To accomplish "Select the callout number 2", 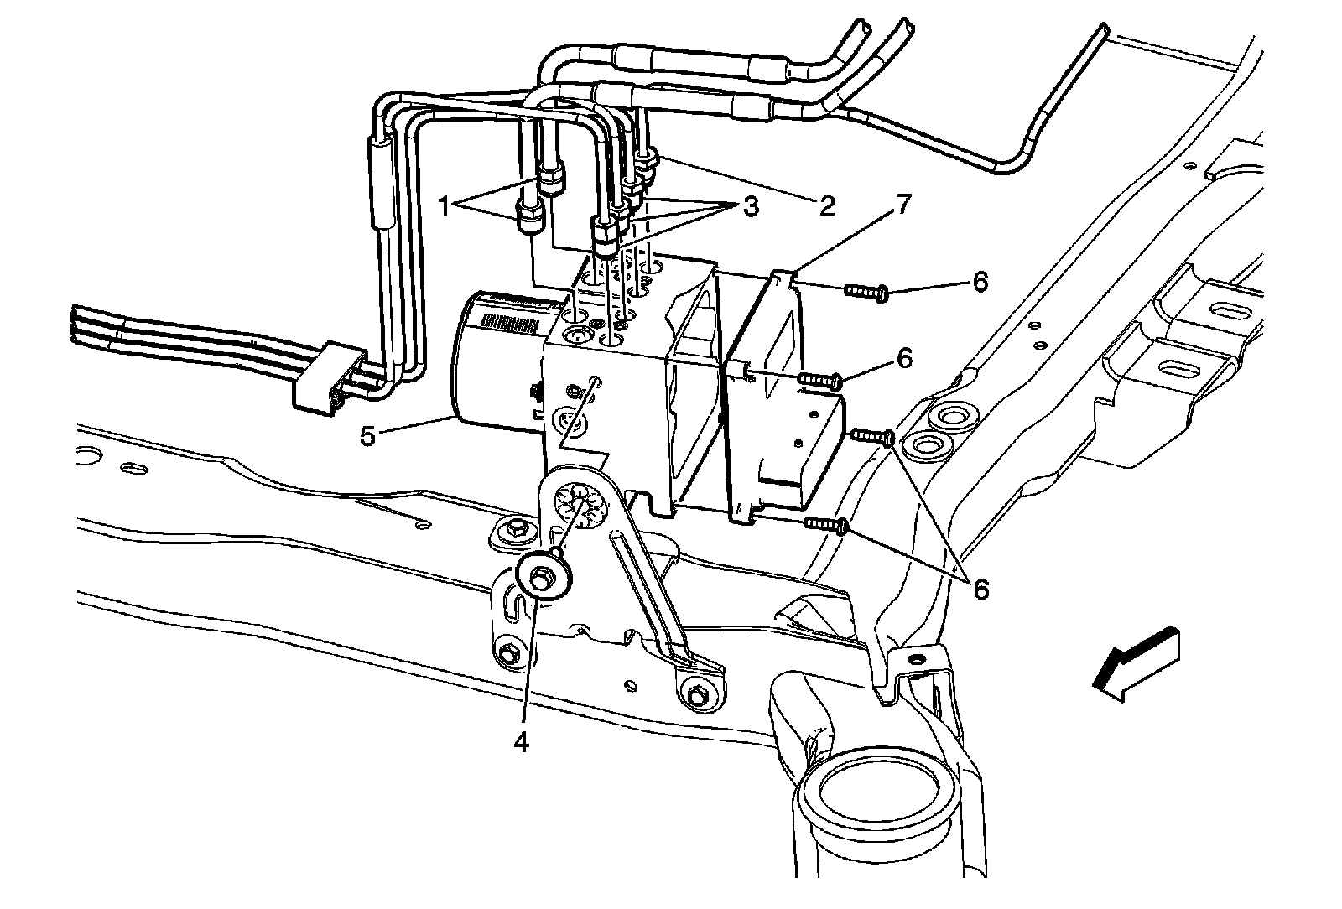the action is tap(827, 205).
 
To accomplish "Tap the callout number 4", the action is tap(523, 742).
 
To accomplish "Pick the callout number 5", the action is tap(367, 436).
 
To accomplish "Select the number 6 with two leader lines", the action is tap(979, 589).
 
